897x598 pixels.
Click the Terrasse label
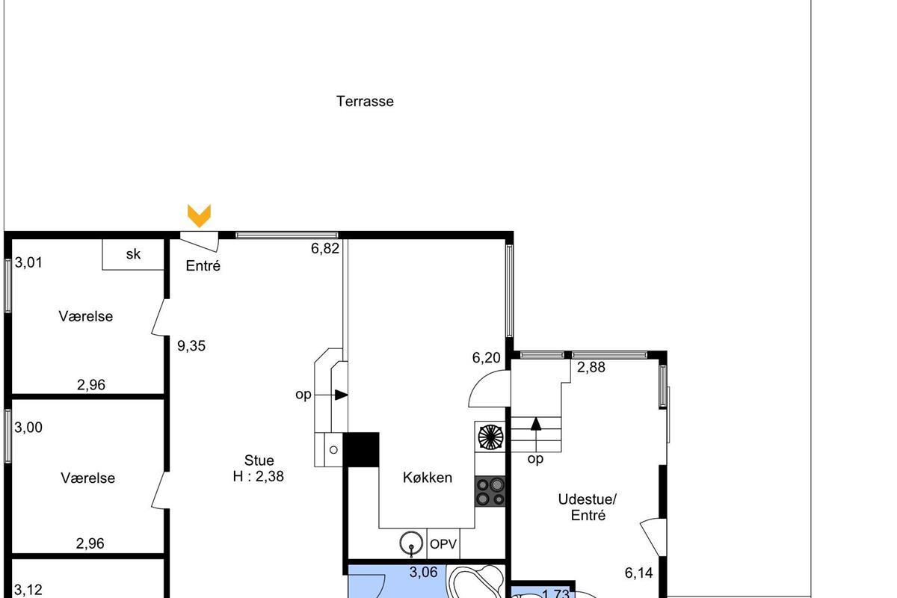[x=365, y=102]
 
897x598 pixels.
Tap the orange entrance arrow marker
[x=199, y=216]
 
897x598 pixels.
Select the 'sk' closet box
[x=133, y=254]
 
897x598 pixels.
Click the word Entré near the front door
[x=203, y=265]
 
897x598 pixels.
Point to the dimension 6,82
[x=325, y=249]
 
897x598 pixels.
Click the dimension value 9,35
[x=191, y=346]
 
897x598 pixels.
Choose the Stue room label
[x=259, y=460]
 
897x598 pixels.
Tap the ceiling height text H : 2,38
[x=259, y=476]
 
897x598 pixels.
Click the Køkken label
[x=428, y=478]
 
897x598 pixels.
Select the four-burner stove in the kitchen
[x=490, y=491]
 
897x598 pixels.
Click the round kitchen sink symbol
[x=411, y=543]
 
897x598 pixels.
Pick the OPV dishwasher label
[x=443, y=544]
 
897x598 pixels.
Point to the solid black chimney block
[x=361, y=449]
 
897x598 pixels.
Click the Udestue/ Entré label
[x=588, y=507]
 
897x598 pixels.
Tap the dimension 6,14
[x=638, y=573]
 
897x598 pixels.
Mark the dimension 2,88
[x=591, y=367]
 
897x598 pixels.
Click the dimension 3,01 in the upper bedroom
[x=28, y=263]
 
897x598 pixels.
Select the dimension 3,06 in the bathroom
[x=424, y=573]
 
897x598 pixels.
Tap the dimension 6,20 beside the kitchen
[x=486, y=357]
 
